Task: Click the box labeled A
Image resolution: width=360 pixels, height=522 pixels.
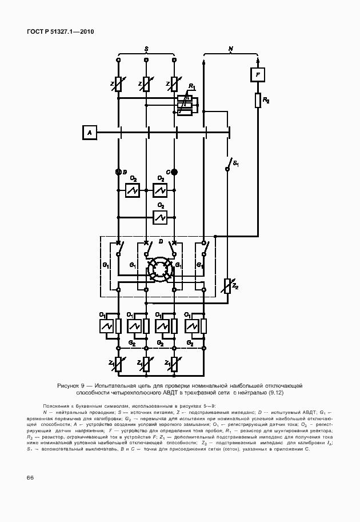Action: (89, 133)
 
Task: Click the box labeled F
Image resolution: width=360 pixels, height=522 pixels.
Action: (258, 75)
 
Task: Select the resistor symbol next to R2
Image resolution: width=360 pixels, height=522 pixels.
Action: (258, 101)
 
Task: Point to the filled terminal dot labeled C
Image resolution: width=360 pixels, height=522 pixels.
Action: (175, 172)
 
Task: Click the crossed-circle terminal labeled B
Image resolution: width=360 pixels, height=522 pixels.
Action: (118, 172)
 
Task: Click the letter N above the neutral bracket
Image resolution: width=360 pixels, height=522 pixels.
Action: (230, 49)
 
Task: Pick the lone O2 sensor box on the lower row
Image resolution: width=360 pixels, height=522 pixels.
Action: (160, 217)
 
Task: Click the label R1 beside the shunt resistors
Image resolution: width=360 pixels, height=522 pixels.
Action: (192, 87)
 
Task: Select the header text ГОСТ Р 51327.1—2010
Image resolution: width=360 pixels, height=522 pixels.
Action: (60, 31)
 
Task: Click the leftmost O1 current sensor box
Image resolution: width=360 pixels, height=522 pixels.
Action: (106, 326)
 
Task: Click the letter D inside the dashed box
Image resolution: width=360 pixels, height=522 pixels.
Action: (161, 242)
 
